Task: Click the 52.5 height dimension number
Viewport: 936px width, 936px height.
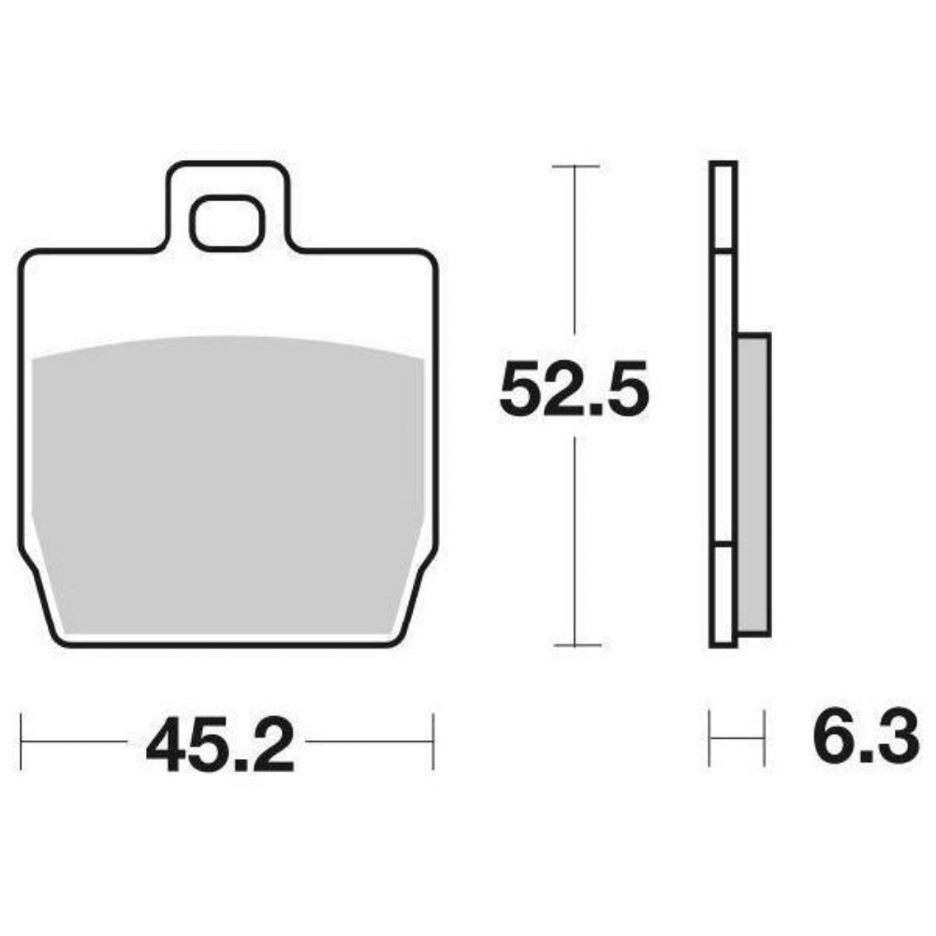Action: [x=574, y=388]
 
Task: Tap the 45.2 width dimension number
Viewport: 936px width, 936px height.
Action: [x=220, y=744]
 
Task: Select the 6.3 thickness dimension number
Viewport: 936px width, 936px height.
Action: [x=866, y=736]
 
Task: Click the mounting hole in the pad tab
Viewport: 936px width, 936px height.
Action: [x=226, y=222]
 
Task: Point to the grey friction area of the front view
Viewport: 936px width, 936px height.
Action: [x=227, y=485]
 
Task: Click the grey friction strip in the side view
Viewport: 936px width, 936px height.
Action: [x=753, y=484]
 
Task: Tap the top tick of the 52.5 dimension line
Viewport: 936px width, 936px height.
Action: [x=576, y=167]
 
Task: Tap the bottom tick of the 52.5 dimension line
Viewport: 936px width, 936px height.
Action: [x=577, y=645]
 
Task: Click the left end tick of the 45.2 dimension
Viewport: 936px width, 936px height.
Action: [x=21, y=740]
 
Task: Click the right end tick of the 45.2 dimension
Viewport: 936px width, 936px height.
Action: [x=433, y=740]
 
